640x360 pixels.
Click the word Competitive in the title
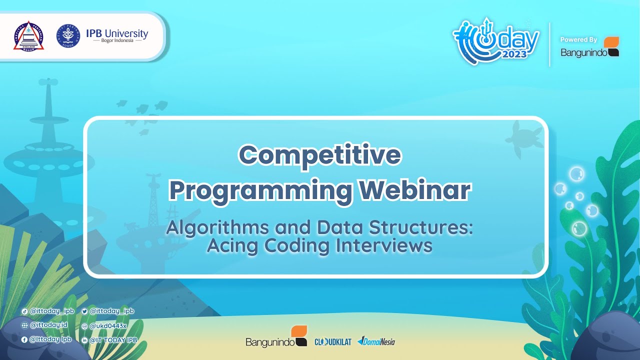point(319,155)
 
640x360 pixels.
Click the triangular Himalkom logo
point(28,36)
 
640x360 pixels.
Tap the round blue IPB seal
point(68,36)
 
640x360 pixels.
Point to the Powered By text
point(578,39)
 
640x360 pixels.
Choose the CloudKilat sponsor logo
point(332,342)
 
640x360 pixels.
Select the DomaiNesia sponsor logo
point(376,341)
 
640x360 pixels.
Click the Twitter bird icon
point(84,311)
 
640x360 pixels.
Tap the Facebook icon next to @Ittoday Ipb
point(24,339)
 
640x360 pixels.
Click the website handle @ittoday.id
point(48,325)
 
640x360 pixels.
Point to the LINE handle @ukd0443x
point(108,325)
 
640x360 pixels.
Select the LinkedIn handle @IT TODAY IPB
point(113,340)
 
